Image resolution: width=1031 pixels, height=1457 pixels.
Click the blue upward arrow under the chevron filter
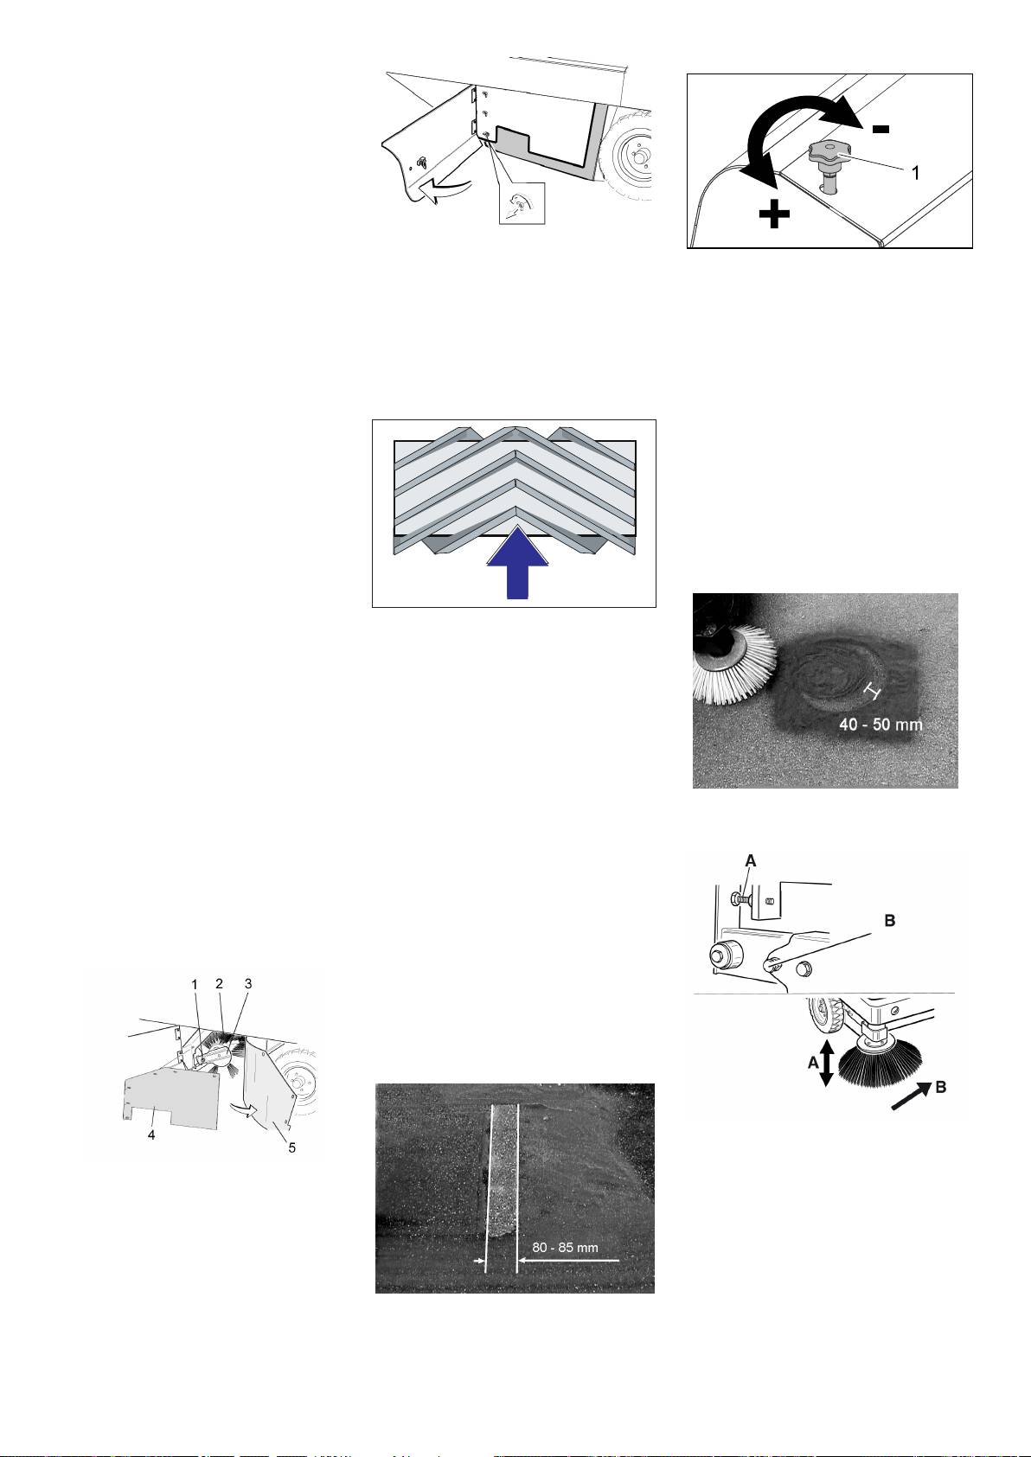[x=518, y=564]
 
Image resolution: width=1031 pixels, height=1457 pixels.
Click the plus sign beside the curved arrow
[x=774, y=214]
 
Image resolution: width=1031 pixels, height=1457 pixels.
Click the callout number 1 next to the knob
[x=914, y=172]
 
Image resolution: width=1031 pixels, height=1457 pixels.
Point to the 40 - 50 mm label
[x=881, y=724]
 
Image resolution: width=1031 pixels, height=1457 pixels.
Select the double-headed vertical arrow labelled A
[x=826, y=1064]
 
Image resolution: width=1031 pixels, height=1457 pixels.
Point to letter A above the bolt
[x=750, y=860]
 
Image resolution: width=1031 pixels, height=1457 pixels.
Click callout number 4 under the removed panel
[x=151, y=1135]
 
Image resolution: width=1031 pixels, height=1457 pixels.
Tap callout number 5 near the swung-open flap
[x=292, y=1148]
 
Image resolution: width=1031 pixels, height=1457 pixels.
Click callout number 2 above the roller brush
[x=220, y=984]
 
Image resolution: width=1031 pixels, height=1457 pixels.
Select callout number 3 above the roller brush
[x=248, y=984]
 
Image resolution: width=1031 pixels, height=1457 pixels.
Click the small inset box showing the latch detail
[x=522, y=203]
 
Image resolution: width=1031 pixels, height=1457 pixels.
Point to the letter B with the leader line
[x=890, y=920]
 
